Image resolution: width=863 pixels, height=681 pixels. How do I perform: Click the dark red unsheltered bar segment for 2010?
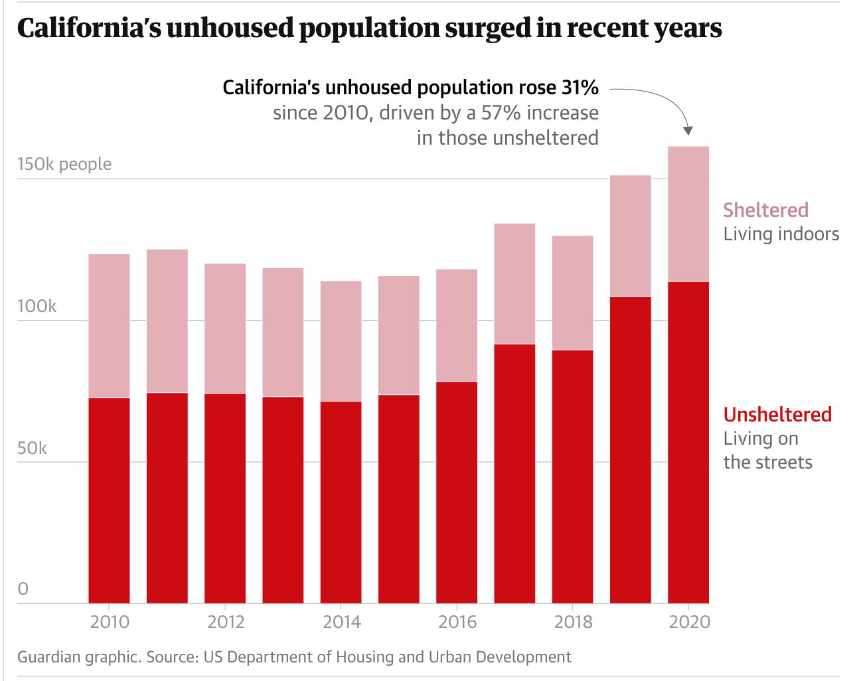click(x=109, y=500)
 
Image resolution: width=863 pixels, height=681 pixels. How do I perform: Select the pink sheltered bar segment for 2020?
click(x=688, y=214)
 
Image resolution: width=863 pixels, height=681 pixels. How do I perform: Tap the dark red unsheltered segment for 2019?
click(x=631, y=449)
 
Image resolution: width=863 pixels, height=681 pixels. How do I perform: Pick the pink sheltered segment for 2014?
click(x=341, y=340)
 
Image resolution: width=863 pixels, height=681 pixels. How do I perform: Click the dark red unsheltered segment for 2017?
click(x=514, y=473)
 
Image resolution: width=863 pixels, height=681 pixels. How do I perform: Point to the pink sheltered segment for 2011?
click(x=167, y=321)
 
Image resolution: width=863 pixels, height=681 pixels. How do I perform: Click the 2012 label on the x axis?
click(x=226, y=622)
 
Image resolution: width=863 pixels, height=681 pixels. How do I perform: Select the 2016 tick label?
click(x=457, y=622)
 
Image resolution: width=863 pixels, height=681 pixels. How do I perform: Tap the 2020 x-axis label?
click(x=689, y=622)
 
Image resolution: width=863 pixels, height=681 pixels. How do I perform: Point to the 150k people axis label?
click(x=64, y=164)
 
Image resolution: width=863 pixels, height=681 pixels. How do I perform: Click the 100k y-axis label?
click(x=37, y=306)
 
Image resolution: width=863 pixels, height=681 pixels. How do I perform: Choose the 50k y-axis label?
click(x=32, y=448)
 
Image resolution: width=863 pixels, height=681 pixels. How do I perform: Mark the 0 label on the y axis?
click(x=23, y=589)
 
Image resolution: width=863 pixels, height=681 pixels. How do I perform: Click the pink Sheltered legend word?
click(x=765, y=210)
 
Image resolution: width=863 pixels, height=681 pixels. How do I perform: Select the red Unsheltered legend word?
click(x=777, y=414)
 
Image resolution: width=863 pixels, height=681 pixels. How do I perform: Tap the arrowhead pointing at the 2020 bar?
click(x=688, y=130)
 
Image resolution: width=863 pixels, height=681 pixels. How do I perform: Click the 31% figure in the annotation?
click(x=580, y=88)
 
